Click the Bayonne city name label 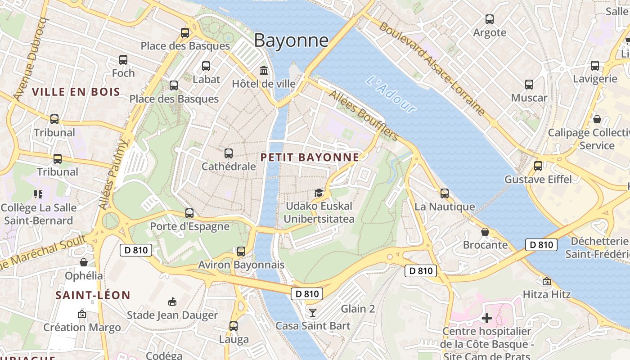(x=291, y=40)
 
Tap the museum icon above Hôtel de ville (x=264, y=71)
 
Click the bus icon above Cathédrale (x=228, y=153)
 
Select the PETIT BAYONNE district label (x=310, y=157)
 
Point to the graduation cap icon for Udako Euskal (x=319, y=193)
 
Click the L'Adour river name (x=391, y=94)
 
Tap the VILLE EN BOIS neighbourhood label (x=76, y=92)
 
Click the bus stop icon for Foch (x=123, y=60)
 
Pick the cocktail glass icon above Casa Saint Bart (x=313, y=312)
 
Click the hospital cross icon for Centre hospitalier (x=486, y=318)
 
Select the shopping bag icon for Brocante (x=485, y=232)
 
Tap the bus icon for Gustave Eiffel (x=538, y=166)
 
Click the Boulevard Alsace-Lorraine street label (x=432, y=67)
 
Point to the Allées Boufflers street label (x=364, y=115)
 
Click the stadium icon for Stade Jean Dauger (x=172, y=301)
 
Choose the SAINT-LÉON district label (x=93, y=295)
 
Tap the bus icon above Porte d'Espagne (x=189, y=213)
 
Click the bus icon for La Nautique (x=444, y=193)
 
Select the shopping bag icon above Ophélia (x=84, y=262)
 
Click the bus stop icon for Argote (x=490, y=19)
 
